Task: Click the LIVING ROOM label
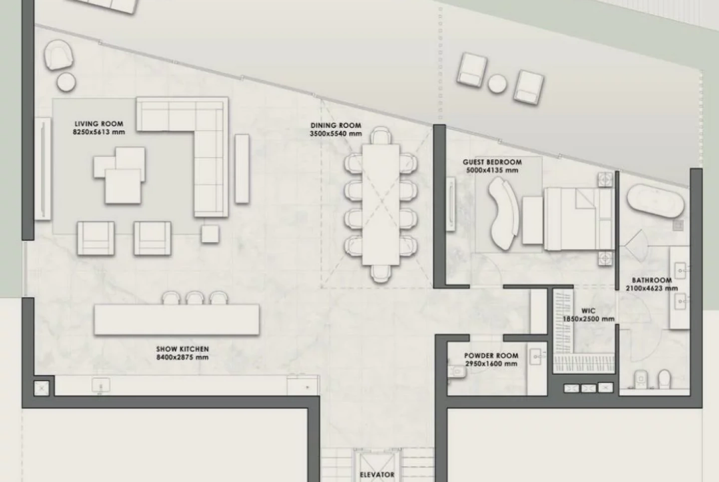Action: [99, 124]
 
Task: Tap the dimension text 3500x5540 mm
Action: [336, 133]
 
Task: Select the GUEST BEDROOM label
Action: [492, 162]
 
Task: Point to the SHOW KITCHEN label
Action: [182, 349]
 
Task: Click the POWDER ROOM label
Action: [491, 356]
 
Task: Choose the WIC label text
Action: [588, 311]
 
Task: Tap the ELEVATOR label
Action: [377, 475]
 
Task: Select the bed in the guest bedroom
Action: [579, 219]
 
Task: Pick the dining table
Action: [381, 205]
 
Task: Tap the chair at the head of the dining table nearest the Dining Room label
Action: [380, 135]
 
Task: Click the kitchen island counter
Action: [177, 320]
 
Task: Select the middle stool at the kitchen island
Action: [195, 298]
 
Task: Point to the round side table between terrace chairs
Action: [497, 84]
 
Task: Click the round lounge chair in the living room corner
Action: [58, 54]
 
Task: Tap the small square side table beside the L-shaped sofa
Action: [210, 234]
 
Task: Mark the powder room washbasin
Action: [535, 356]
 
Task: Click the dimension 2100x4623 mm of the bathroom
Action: [652, 288]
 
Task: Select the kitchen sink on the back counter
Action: [101, 385]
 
